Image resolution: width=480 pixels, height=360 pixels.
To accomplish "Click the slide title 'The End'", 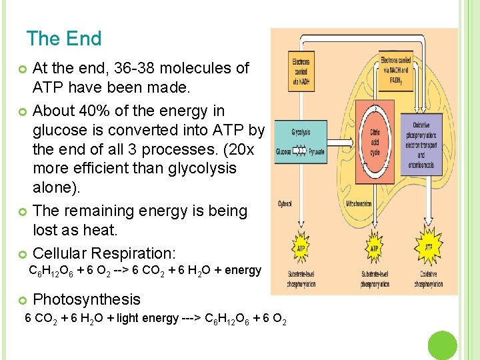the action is (x=64, y=39).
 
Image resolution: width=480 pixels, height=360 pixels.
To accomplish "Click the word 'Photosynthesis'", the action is (x=87, y=299).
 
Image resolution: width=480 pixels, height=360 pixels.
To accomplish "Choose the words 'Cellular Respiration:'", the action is (x=104, y=253).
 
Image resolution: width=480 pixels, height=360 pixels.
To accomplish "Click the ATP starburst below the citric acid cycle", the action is (x=374, y=247).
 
